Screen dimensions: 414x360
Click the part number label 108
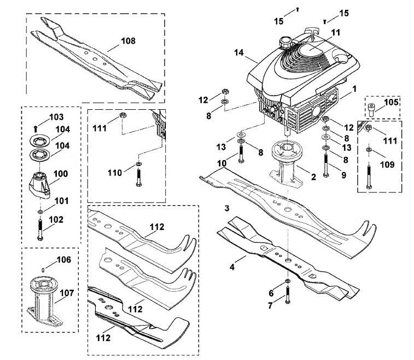coord(128,41)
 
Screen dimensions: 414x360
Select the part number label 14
coord(238,52)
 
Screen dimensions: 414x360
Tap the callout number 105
coord(391,102)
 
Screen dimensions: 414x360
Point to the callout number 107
coord(67,293)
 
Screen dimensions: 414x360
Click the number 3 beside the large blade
coord(227,208)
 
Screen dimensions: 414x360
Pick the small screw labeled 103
coord(36,129)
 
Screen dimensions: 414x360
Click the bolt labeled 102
coord(40,230)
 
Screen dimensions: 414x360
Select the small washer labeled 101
coord(40,212)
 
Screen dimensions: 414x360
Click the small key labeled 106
coord(43,269)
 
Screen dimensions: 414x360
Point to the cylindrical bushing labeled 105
coord(371,110)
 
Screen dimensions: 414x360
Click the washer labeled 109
coord(369,150)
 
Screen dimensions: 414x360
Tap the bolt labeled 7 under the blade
coord(288,295)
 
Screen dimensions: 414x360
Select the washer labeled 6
coord(288,281)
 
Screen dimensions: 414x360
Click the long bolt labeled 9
coord(326,166)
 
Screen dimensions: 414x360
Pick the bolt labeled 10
coord(241,154)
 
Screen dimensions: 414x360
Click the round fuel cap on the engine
coord(285,43)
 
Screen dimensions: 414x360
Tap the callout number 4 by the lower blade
coord(232,267)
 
